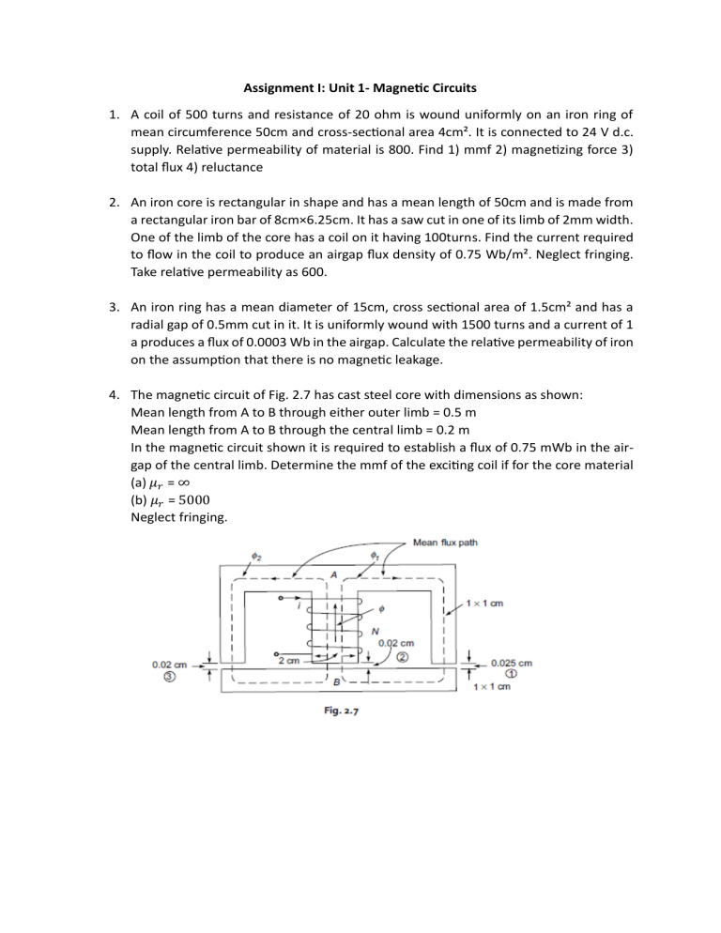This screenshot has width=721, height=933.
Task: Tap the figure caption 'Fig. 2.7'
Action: [x=334, y=711]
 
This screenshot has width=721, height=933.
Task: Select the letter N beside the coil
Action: [x=376, y=630]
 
